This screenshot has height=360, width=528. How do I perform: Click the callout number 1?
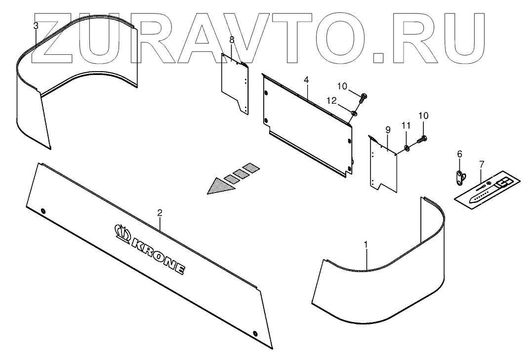pos(366,244)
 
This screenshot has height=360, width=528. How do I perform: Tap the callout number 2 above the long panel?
pos(160,213)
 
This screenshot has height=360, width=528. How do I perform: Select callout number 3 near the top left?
pos(35,25)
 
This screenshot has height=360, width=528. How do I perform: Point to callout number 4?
pos(306,80)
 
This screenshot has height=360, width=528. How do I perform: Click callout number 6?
pos(459,154)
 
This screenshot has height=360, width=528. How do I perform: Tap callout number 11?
pos(406,126)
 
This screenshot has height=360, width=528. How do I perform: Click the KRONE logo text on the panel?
pos(158,255)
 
